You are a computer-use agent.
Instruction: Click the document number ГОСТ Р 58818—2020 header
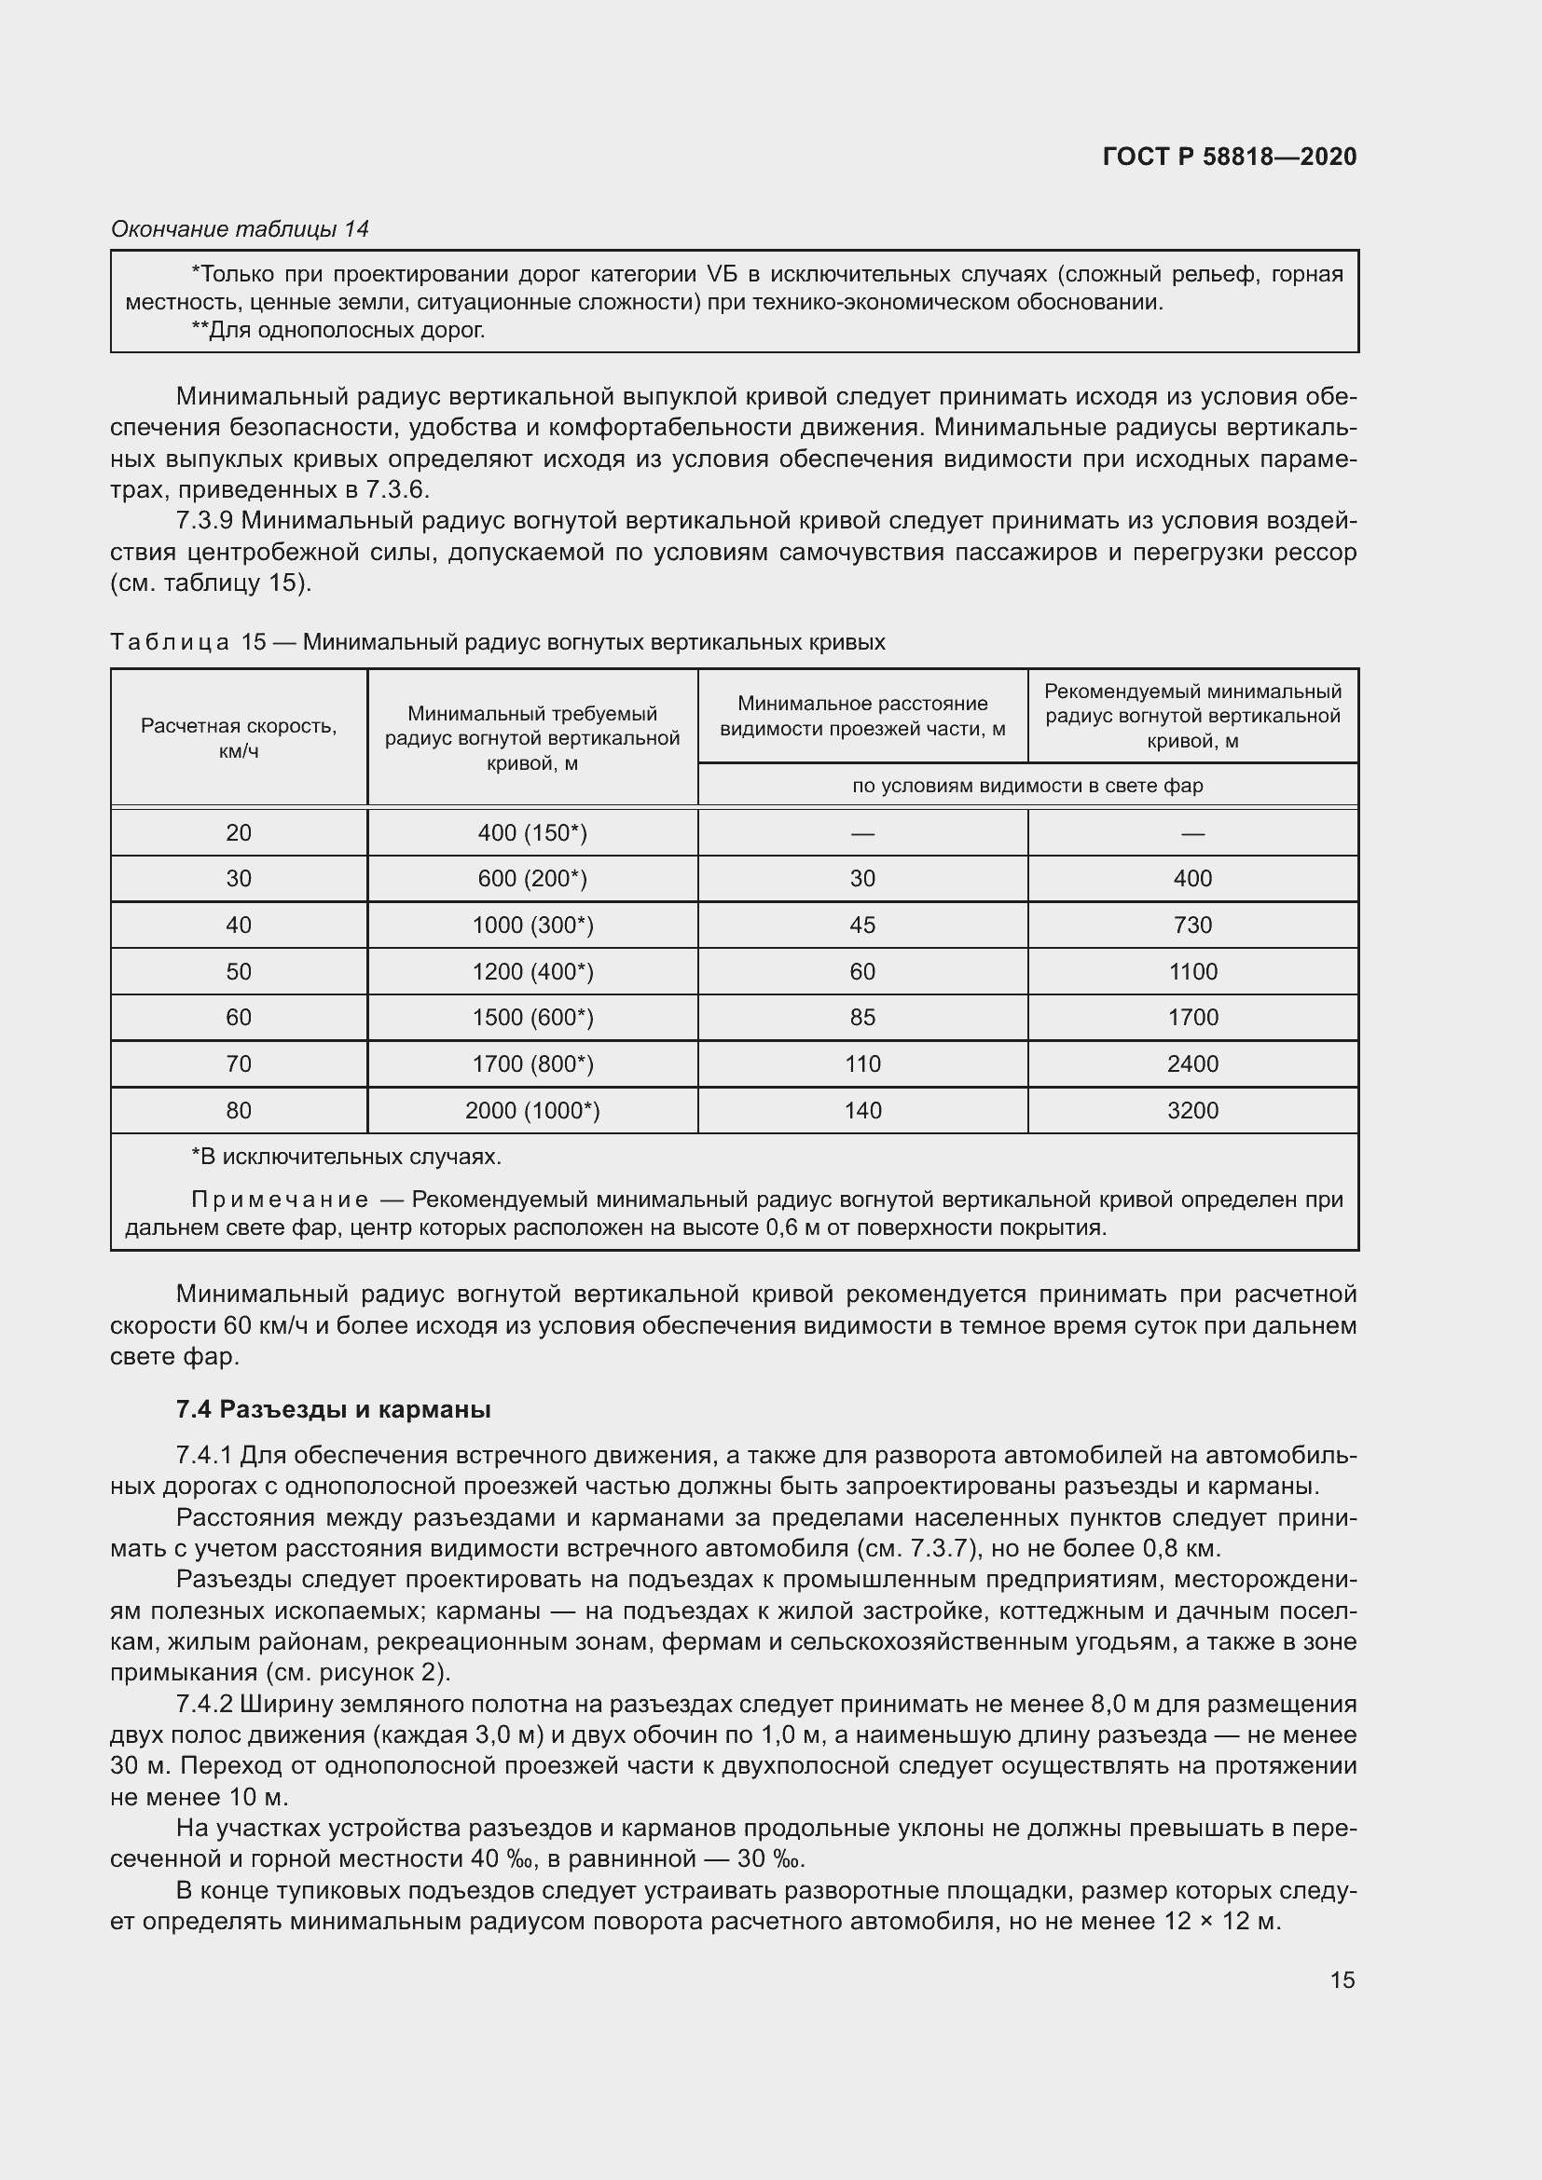(x=1229, y=157)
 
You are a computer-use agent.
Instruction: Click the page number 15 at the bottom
(x=1342, y=1980)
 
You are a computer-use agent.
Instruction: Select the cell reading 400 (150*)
(x=531, y=832)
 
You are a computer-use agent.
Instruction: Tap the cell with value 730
(x=1191, y=925)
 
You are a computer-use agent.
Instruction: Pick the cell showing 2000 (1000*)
(x=531, y=1110)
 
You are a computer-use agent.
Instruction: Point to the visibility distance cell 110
(x=862, y=1063)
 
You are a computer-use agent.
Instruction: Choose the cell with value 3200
(x=1191, y=1110)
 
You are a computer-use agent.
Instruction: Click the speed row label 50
(x=239, y=971)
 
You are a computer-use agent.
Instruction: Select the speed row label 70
(x=239, y=1063)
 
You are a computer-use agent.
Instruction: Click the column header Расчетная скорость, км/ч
(x=239, y=738)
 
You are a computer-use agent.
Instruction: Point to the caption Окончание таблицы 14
(x=240, y=229)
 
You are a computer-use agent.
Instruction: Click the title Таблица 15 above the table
(x=188, y=642)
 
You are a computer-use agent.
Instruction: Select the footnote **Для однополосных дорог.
(x=338, y=331)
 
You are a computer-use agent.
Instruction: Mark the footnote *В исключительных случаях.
(x=347, y=1157)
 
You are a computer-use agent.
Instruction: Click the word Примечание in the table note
(x=279, y=1200)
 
